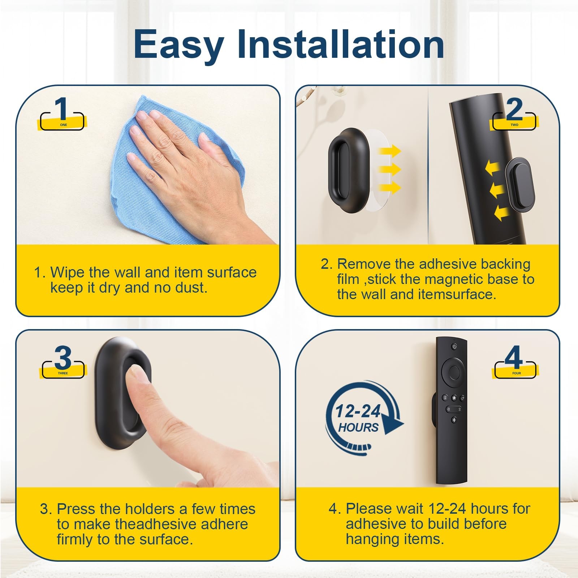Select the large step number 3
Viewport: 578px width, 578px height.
pos(63,358)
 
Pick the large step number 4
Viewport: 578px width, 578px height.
pos(513,357)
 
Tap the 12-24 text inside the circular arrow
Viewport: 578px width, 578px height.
pos(358,411)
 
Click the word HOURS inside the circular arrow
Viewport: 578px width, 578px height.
pos(358,428)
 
